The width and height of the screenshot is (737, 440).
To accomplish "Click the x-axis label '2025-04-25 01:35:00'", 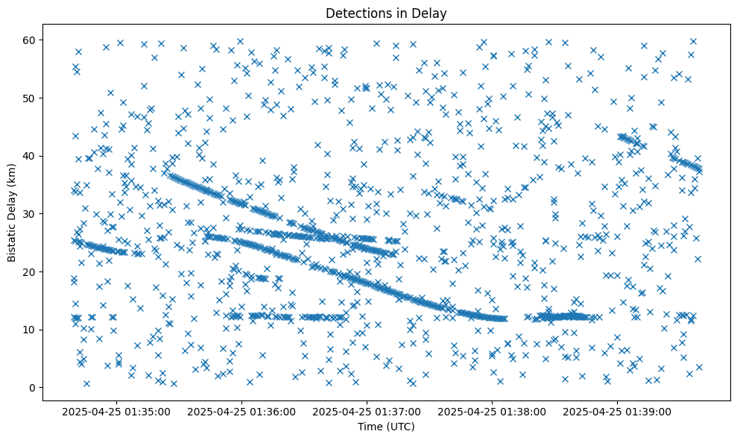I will (118, 411).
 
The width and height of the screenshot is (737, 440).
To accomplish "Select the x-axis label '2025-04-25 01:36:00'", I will (242, 411).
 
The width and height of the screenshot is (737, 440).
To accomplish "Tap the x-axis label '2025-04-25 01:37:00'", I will (367, 411).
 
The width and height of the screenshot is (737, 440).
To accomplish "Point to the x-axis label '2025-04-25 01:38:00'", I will (493, 411).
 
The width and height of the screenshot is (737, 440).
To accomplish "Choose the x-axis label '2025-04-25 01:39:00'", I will (618, 411).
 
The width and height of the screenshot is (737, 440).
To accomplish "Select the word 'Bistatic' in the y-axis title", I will (12, 241).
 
